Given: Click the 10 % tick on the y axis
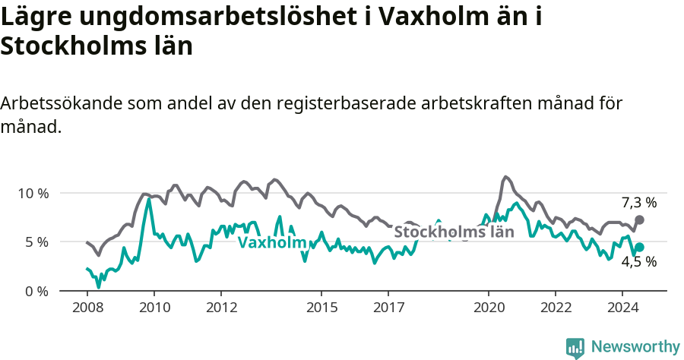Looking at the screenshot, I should (x=33, y=193).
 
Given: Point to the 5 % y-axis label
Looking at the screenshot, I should (x=36, y=242).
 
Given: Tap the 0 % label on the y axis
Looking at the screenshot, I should (x=36, y=292).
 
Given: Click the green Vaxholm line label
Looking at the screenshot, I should (x=271, y=243).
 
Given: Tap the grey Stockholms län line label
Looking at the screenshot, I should (x=454, y=232).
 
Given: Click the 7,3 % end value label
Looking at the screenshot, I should (x=638, y=203).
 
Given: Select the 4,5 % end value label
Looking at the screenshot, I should (x=638, y=262).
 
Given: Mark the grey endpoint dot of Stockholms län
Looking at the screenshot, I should (x=639, y=219).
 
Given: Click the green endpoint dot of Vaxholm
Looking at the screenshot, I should (x=639, y=247).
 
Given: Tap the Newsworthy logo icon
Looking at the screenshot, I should (x=575, y=348).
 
